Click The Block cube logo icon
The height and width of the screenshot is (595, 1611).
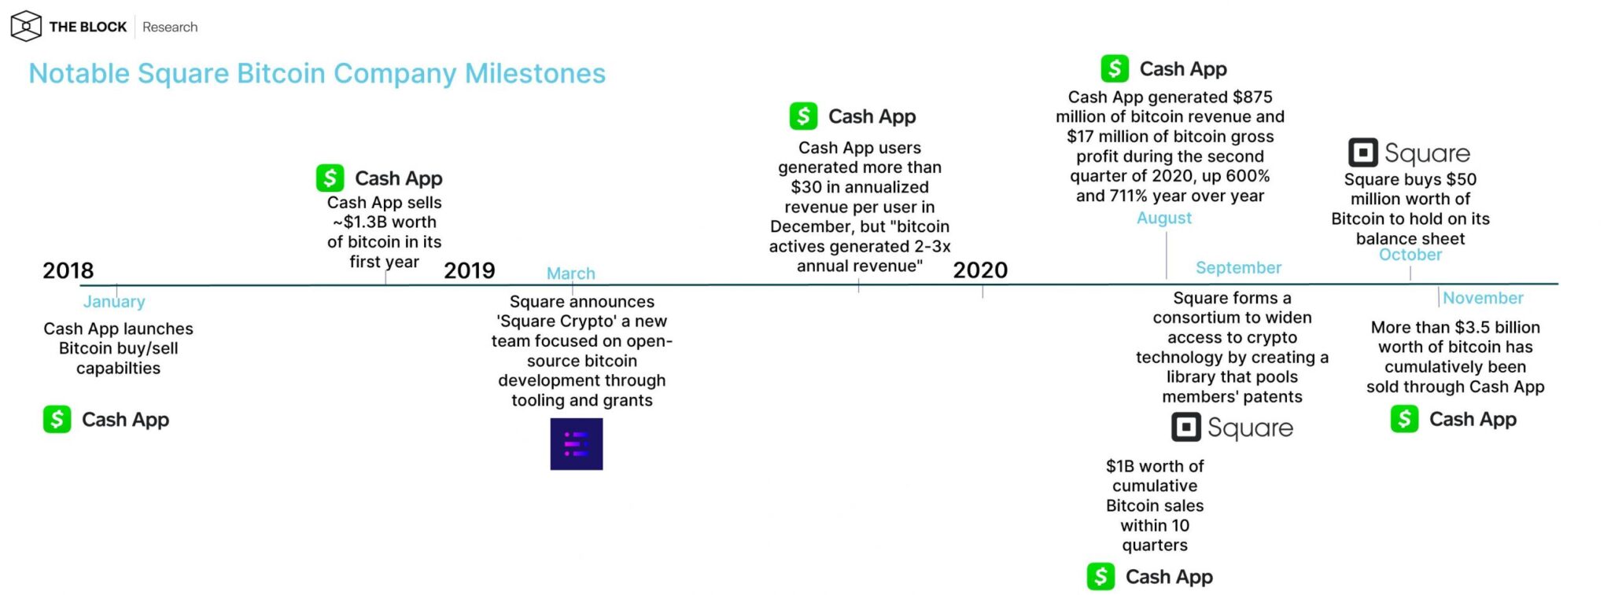point(26,26)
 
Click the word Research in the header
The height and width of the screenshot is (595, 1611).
point(170,27)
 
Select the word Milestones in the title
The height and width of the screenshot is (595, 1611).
point(535,73)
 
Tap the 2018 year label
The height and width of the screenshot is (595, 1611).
point(68,270)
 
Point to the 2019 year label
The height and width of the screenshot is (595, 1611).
point(470,270)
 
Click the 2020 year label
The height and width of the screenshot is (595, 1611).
point(980,270)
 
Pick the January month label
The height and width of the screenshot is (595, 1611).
point(114,302)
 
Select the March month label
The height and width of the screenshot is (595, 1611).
point(571,274)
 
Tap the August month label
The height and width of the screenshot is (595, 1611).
point(1164,218)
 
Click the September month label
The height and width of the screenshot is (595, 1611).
point(1239,267)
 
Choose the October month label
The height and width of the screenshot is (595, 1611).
point(1410,255)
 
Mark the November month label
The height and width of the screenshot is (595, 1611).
point(1483,298)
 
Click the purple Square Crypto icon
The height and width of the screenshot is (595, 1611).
point(577,444)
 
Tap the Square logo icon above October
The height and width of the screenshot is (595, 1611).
point(1363,152)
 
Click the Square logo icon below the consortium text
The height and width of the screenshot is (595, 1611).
point(1186,427)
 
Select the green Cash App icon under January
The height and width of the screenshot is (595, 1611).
point(57,419)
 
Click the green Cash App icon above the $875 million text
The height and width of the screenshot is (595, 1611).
point(1115,68)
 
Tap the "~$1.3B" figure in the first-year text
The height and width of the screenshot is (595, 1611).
point(363,222)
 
